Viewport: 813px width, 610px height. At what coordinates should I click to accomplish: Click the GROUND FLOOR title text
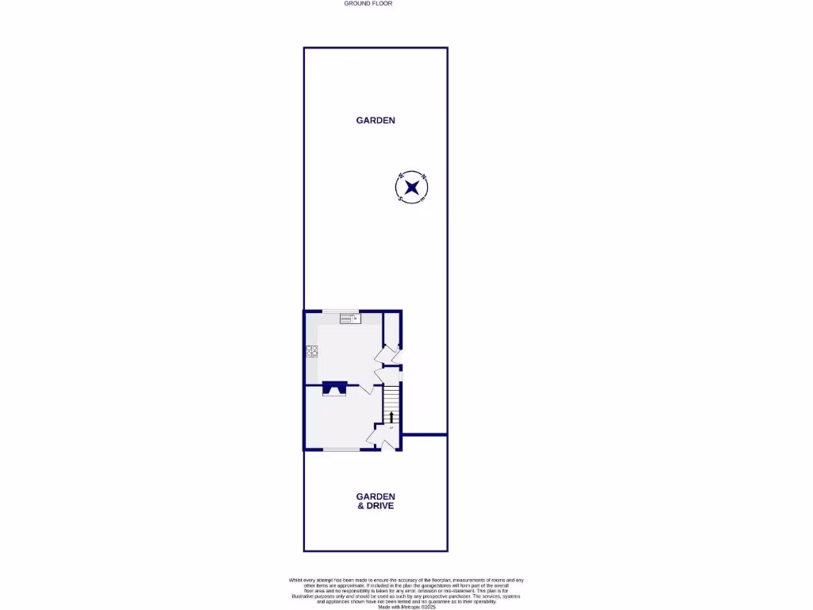point(368,3)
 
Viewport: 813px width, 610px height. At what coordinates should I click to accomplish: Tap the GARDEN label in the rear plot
point(376,121)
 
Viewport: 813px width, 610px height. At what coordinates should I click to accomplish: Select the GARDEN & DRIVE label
point(376,501)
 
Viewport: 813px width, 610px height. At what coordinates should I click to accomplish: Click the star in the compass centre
point(412,187)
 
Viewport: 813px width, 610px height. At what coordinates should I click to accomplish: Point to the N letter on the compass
point(424,176)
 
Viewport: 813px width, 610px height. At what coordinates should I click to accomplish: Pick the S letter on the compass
point(400,199)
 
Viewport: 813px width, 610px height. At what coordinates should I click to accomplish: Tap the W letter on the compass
point(401,176)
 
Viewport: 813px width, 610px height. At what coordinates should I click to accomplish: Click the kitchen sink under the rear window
point(350,319)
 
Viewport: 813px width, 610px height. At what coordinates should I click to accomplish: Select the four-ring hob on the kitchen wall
point(311,351)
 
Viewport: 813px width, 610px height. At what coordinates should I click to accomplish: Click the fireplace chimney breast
point(334,388)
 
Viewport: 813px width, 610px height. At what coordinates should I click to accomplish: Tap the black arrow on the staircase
point(391,416)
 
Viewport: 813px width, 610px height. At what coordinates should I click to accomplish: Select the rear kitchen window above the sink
point(341,311)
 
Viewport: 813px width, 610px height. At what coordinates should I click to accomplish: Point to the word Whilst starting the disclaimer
point(297,581)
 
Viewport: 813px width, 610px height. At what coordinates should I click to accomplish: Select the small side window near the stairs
point(401,376)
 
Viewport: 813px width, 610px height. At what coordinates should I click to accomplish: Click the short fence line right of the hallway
point(424,434)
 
